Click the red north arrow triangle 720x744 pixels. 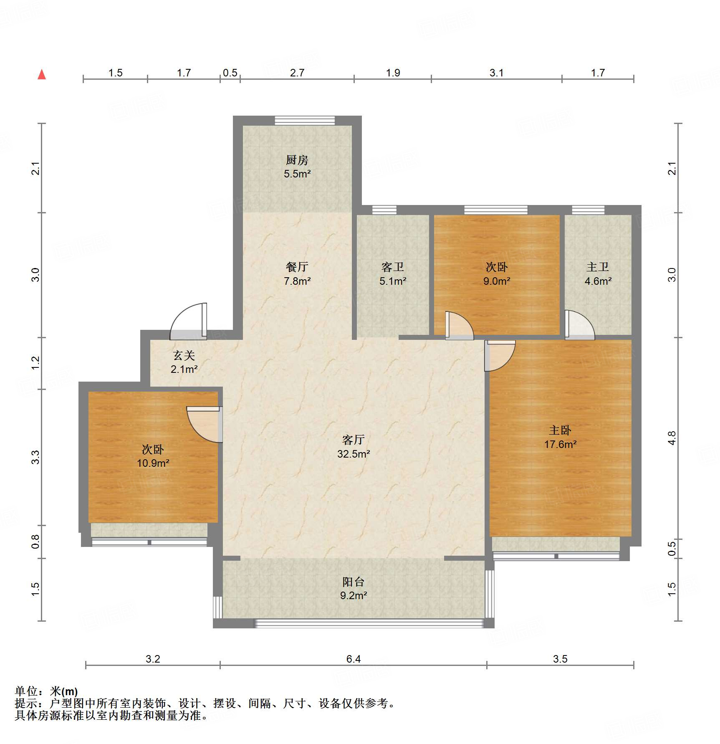point(42,75)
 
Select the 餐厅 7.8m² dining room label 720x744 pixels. point(297,273)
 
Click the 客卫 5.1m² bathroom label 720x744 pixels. point(393,273)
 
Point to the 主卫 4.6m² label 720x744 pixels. point(598,273)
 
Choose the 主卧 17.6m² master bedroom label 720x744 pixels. point(560,437)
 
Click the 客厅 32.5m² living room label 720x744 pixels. point(354,446)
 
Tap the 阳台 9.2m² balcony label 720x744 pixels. point(354,588)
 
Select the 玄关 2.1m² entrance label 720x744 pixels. point(184,362)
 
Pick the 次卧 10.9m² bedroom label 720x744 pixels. point(153,456)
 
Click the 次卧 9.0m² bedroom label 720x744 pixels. point(497,273)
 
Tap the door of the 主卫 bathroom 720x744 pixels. point(580,325)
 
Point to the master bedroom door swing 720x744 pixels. point(500,356)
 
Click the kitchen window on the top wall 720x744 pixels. point(305,121)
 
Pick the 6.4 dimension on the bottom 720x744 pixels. point(354,659)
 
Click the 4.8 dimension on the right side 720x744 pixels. point(672,438)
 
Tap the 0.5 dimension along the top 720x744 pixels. point(230,73)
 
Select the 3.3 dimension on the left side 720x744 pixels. point(35,457)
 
